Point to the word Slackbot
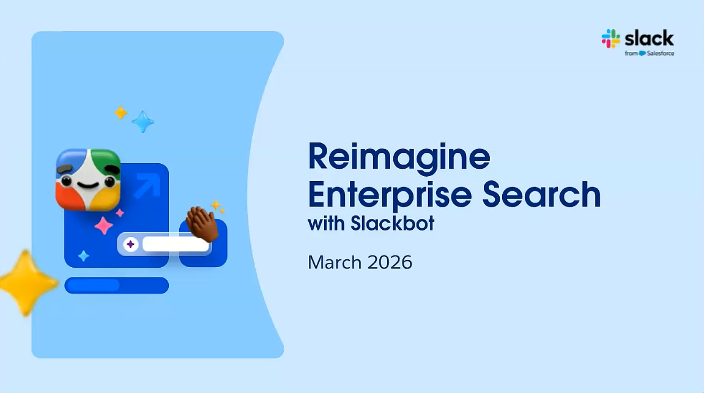pyautogui.click(x=393, y=223)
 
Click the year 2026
pyautogui.click(x=390, y=262)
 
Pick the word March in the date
pyautogui.click(x=335, y=262)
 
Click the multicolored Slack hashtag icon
pyautogui.click(x=610, y=39)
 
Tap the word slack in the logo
pyautogui.click(x=649, y=39)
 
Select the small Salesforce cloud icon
pyautogui.click(x=642, y=53)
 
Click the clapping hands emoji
pyautogui.click(x=202, y=223)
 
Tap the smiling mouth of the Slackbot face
pyautogui.click(x=88, y=185)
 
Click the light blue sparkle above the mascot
pyautogui.click(x=143, y=122)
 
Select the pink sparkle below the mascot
pyautogui.click(x=104, y=226)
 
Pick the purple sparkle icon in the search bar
pyautogui.click(x=131, y=244)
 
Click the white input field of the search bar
pyautogui.click(x=176, y=244)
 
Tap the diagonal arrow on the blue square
pyautogui.click(x=147, y=185)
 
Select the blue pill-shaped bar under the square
pyautogui.click(x=117, y=285)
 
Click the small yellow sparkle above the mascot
pyautogui.click(x=120, y=112)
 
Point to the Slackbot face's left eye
pyautogui.click(x=67, y=181)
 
